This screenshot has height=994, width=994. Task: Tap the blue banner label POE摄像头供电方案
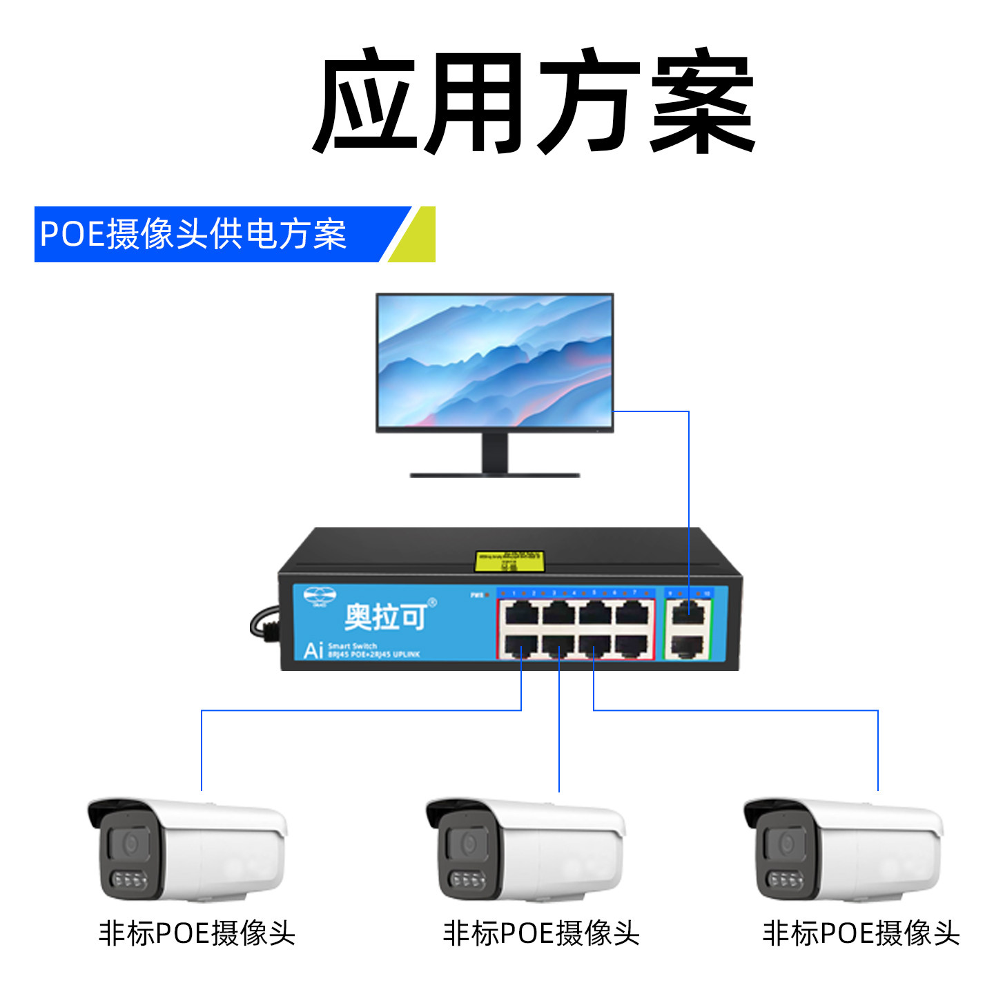point(193,234)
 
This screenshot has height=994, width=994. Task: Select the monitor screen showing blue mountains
point(494,360)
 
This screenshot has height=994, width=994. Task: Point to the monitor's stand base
point(494,474)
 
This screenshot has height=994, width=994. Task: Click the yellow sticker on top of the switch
point(509,561)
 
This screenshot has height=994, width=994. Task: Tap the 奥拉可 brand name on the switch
point(385,616)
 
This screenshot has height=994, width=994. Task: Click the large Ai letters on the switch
point(313,650)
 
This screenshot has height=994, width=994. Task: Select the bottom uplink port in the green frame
point(688,646)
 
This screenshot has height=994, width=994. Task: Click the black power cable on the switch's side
point(264,624)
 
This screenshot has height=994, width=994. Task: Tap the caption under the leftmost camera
point(197,933)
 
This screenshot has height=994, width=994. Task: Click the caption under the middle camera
point(541,933)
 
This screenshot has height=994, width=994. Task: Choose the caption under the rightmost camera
point(861,933)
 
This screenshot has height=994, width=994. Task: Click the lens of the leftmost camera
point(130,843)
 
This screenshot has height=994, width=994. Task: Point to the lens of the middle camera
point(469,844)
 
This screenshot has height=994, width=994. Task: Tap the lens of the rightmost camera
point(786,844)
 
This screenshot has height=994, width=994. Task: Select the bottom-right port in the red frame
point(633,645)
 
